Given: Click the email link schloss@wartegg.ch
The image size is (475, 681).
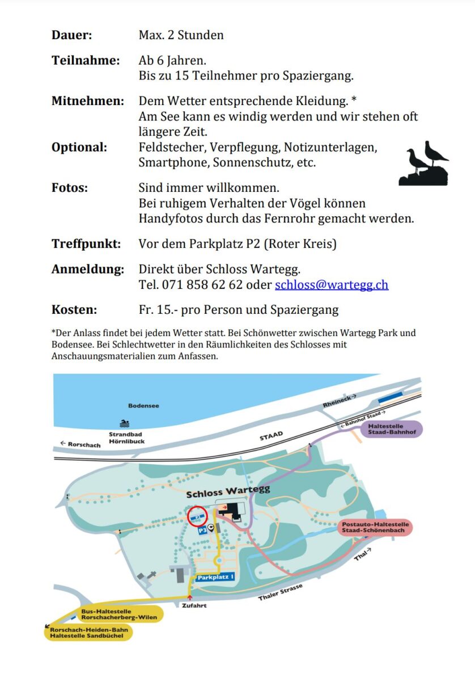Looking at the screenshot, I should tap(332, 285).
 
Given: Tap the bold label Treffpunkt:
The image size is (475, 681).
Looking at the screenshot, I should tap(86, 244).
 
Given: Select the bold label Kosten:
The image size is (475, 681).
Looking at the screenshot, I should tap(74, 310).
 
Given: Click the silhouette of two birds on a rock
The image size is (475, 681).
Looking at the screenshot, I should tap(425, 165).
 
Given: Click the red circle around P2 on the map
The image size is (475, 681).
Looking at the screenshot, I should tap(198, 518).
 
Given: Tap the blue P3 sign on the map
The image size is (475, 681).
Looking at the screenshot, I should tap(202, 531).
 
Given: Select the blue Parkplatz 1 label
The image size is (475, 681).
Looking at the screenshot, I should tap(215, 577).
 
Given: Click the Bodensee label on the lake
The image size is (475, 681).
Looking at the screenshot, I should tap(143, 406).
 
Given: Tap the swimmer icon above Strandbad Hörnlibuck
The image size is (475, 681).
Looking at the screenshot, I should tap(124, 423).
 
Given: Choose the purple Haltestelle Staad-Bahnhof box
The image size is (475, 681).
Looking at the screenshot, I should tap(391, 429).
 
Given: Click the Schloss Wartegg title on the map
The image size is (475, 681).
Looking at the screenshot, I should tap(228, 491).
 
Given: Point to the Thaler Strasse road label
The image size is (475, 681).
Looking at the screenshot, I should tap(280, 593).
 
